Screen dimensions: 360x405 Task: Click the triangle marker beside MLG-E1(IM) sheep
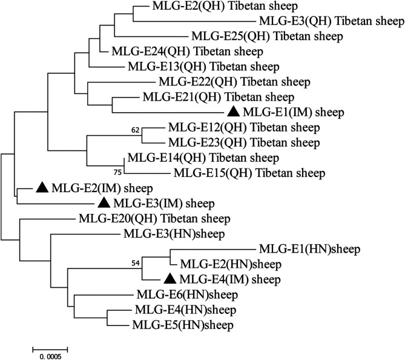(x=233, y=112)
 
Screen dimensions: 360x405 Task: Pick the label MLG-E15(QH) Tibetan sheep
(x=249, y=173)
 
